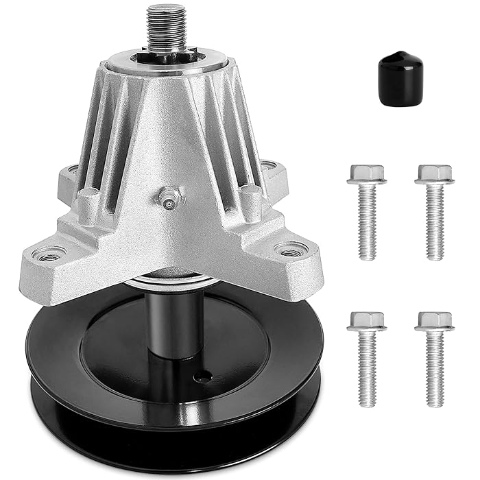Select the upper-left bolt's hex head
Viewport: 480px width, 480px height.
pyautogui.click(x=367, y=173)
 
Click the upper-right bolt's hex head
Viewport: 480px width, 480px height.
pyautogui.click(x=434, y=173)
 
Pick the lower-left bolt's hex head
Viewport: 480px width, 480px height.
pyautogui.click(x=367, y=320)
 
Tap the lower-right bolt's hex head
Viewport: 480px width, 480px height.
pyautogui.click(x=434, y=320)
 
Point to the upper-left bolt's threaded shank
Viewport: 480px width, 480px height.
pyautogui.click(x=368, y=223)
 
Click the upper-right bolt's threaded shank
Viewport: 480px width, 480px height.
pyautogui.click(x=434, y=223)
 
